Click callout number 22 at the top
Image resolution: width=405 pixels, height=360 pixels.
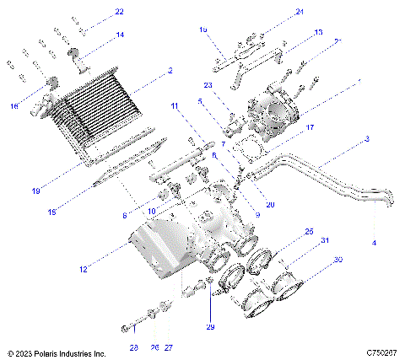tap(119, 12)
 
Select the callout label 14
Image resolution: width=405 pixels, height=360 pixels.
tap(120, 35)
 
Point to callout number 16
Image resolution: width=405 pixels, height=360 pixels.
tap(13, 105)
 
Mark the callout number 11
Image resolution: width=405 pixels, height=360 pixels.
tap(175, 106)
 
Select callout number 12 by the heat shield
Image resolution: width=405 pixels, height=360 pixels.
tap(82, 270)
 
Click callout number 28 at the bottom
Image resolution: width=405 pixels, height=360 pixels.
tap(132, 347)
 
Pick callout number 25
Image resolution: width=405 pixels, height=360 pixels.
tap(309, 231)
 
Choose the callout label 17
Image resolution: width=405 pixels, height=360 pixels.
tap(310, 127)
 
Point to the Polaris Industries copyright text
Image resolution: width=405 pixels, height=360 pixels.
tap(56, 353)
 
